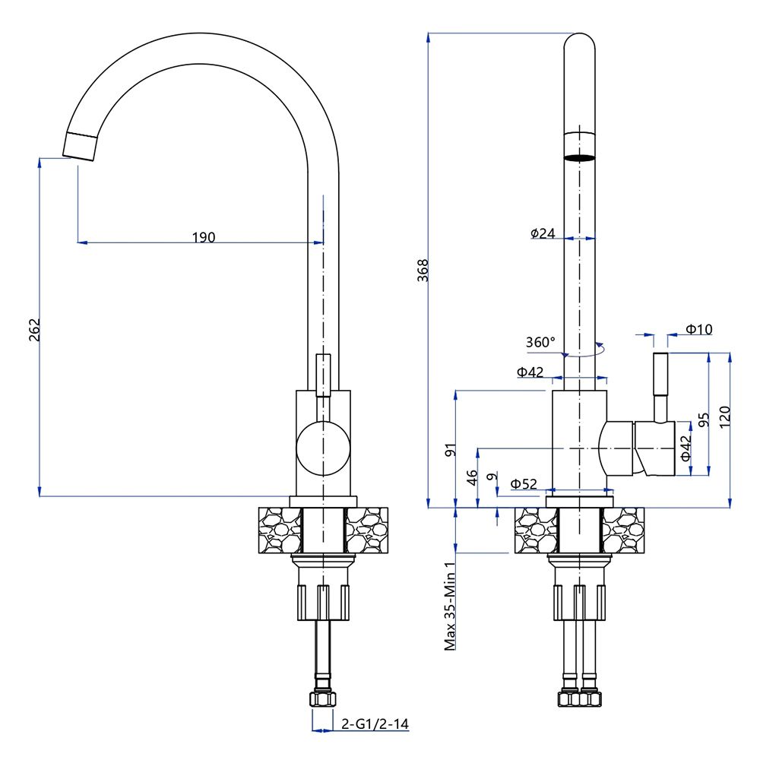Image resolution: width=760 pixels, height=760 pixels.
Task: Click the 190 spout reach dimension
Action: click(x=203, y=237)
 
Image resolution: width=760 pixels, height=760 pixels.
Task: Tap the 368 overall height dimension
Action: click(x=423, y=271)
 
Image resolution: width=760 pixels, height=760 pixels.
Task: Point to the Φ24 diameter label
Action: click(x=543, y=233)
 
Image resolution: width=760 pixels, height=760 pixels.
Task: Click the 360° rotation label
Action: click(x=540, y=342)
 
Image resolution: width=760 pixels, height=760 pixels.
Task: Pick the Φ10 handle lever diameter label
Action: click(x=698, y=329)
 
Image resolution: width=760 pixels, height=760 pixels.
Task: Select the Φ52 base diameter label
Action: click(x=524, y=483)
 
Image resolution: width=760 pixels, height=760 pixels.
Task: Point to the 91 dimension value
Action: click(x=449, y=450)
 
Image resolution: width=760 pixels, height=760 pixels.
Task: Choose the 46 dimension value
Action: click(x=472, y=477)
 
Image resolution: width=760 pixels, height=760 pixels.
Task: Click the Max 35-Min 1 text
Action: click(x=449, y=606)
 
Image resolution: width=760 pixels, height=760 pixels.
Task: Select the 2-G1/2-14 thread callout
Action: click(x=375, y=724)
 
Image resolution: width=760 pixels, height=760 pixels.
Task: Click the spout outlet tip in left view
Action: click(x=80, y=145)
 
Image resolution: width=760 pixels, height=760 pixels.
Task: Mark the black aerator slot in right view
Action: click(x=579, y=157)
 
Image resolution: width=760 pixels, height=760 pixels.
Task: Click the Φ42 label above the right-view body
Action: click(x=530, y=372)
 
